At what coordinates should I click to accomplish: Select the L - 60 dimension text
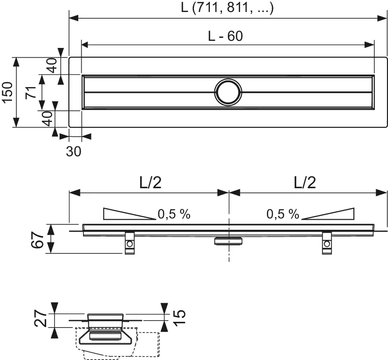(x=226, y=36)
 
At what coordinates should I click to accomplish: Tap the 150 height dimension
(x=8, y=93)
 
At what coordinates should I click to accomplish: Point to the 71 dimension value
(x=30, y=93)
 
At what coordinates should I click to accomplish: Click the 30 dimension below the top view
(x=74, y=151)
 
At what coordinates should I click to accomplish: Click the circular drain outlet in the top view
(x=228, y=92)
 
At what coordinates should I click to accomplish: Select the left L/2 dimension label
(x=148, y=182)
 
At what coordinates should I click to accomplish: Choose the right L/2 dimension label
(x=305, y=182)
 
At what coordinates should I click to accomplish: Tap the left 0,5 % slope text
(x=174, y=214)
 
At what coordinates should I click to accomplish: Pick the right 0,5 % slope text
(x=283, y=214)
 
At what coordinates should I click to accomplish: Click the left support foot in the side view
(x=129, y=243)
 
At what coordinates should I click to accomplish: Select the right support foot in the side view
(x=327, y=243)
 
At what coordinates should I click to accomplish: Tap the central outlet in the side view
(x=228, y=241)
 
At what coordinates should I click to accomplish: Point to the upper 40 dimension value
(x=52, y=66)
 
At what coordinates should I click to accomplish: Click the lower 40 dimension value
(x=48, y=119)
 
